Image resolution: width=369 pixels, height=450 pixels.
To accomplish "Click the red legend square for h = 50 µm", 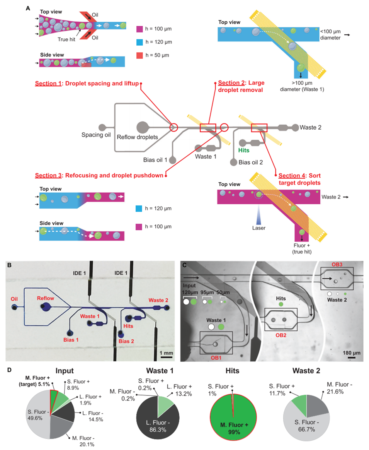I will [x=140, y=55].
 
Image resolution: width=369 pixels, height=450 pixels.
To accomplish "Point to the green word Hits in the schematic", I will [x=244, y=150].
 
